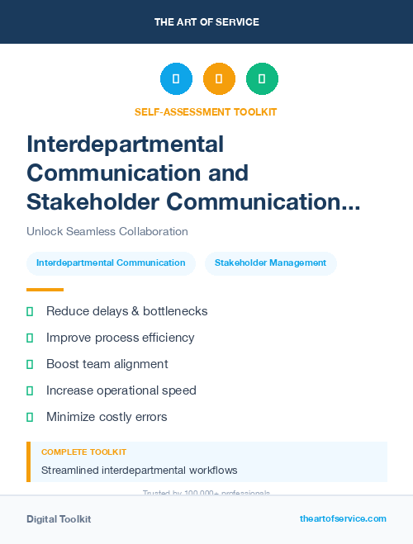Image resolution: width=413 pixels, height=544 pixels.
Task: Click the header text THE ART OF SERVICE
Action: point(206,22)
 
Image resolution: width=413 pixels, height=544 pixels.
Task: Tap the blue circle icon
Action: point(176,79)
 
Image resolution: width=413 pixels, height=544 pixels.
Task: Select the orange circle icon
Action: point(219,79)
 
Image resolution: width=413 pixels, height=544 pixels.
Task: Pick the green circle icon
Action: point(262,79)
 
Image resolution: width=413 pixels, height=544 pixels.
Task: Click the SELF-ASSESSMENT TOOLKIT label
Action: point(206,112)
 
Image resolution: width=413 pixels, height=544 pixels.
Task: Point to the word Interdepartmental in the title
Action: point(126,144)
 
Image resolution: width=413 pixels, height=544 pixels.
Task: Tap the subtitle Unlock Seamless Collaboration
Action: point(107,232)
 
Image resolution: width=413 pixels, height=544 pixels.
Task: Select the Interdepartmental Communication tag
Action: point(111,263)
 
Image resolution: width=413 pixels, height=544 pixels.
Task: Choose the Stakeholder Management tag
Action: point(270,263)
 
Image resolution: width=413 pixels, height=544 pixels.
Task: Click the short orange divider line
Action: point(45,290)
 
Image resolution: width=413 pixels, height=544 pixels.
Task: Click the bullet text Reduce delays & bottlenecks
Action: point(126,311)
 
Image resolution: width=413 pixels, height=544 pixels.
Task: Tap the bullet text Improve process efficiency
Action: point(120,338)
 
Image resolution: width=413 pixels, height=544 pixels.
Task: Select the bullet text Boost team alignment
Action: point(107,364)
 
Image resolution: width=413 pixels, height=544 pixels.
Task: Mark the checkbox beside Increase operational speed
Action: point(30,390)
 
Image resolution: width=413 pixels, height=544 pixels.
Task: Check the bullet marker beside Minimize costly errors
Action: point(30,417)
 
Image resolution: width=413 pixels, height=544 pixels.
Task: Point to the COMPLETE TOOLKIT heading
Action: point(83,452)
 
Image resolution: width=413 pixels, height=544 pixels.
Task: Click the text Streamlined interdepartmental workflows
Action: point(139,471)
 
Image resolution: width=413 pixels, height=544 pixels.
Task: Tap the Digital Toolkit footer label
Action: point(59,519)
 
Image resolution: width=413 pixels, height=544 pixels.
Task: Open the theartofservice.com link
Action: point(343,519)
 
